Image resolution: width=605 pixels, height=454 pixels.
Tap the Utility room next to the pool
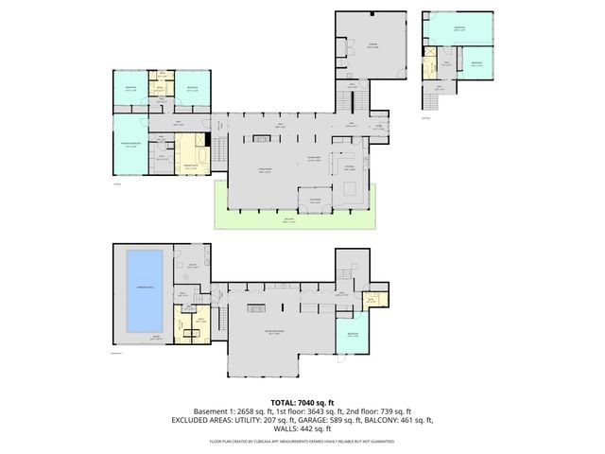tap(192, 266)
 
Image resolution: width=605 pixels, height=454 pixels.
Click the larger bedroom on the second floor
tap(460, 29)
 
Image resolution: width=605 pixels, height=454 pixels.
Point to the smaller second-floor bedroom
tap(477, 63)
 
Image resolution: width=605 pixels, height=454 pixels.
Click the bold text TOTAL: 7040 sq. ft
tap(302, 402)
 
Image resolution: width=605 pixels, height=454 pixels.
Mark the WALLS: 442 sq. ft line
tap(302, 428)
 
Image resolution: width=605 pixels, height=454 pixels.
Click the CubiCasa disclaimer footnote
tap(302, 441)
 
